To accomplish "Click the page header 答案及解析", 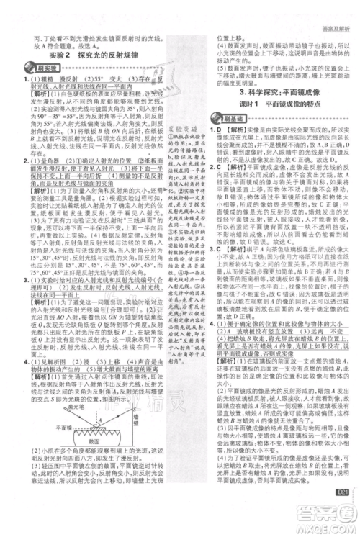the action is [332, 8].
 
